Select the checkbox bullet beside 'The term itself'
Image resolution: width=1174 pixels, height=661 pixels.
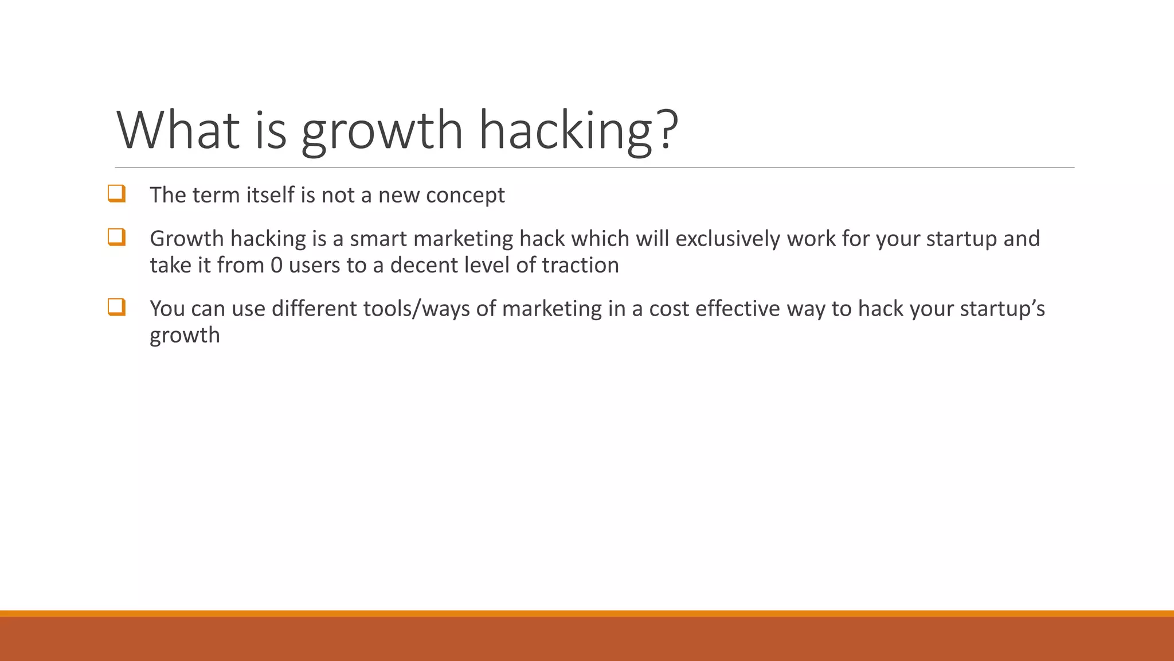(x=116, y=193)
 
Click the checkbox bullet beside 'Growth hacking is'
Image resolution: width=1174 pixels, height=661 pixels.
(x=116, y=237)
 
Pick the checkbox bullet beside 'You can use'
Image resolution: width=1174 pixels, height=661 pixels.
(x=116, y=307)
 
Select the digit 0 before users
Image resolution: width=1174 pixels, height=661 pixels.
(x=276, y=265)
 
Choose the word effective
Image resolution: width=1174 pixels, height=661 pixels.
(x=737, y=309)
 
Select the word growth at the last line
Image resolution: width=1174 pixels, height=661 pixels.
(x=185, y=336)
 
